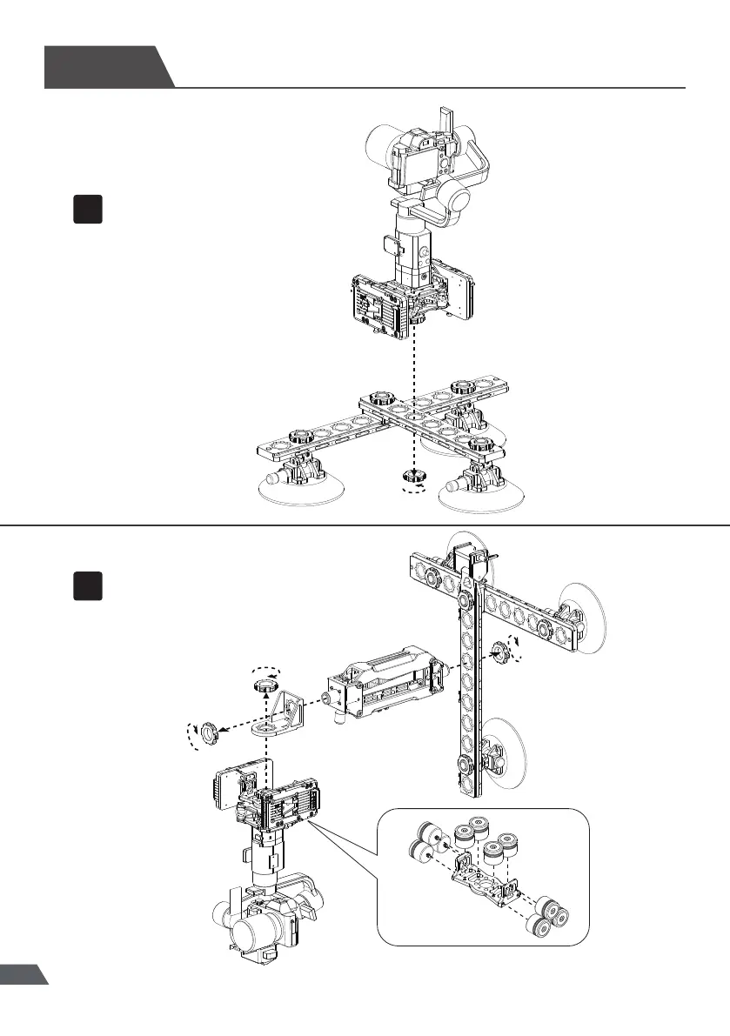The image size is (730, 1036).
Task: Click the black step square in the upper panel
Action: click(88, 210)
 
